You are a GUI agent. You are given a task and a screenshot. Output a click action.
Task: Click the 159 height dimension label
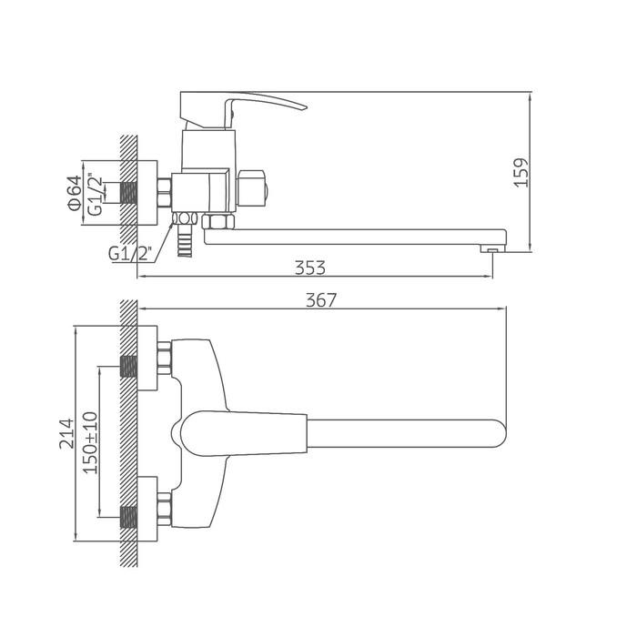pyautogui.click(x=521, y=172)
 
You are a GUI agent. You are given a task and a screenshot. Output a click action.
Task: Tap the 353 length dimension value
pyautogui.click(x=310, y=268)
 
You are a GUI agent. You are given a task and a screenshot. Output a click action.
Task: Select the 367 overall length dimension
pyautogui.click(x=321, y=300)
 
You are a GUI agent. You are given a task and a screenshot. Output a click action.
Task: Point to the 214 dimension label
pyautogui.click(x=67, y=433)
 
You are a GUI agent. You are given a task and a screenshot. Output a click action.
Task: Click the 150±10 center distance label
pyautogui.click(x=90, y=443)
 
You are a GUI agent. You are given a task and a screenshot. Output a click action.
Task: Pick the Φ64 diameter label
pyautogui.click(x=75, y=193)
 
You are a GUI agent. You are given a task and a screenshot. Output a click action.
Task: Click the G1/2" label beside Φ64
pyautogui.click(x=96, y=194)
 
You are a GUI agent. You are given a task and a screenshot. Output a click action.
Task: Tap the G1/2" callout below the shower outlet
pyautogui.click(x=129, y=254)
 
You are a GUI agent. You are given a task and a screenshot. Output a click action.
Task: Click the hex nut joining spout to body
pyautogui.click(x=218, y=222)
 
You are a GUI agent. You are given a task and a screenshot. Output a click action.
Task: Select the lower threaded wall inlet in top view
pyautogui.click(x=129, y=517)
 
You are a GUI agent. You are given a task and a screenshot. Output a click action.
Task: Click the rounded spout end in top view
pyautogui.click(x=500, y=432)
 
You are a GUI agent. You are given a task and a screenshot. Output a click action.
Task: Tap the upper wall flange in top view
pyautogui.click(x=147, y=358)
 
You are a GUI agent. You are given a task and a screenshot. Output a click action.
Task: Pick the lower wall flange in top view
pyautogui.click(x=147, y=509)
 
